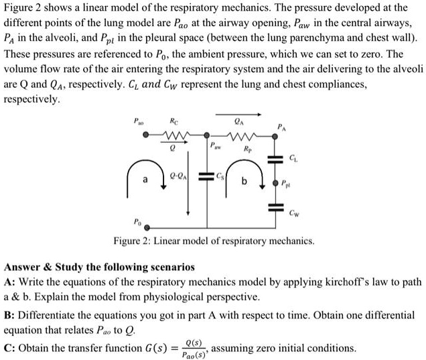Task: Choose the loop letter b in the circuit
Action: (x=244, y=181)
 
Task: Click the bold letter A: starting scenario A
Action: (x=9, y=282)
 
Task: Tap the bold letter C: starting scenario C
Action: (x=9, y=348)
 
